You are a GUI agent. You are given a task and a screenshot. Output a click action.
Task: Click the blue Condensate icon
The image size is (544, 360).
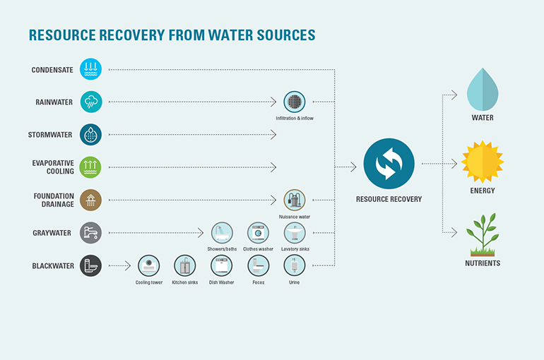click(x=90, y=69)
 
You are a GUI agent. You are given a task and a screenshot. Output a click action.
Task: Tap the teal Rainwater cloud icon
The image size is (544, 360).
click(x=91, y=102)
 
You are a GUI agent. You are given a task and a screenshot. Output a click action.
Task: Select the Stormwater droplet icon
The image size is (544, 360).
click(x=90, y=134)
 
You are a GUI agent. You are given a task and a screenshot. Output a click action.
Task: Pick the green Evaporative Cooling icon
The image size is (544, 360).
click(x=90, y=167)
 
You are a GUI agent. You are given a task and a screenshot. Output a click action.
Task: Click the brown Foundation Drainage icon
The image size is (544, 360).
click(x=90, y=200)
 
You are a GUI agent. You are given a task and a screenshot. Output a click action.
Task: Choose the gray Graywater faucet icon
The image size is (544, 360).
click(x=90, y=233)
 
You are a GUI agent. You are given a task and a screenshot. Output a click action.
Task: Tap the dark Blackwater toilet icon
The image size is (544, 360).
click(x=90, y=265)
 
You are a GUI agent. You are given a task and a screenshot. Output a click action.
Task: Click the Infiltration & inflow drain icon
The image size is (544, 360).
click(x=295, y=102)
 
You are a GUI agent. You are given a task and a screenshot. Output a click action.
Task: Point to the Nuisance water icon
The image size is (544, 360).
click(x=295, y=200)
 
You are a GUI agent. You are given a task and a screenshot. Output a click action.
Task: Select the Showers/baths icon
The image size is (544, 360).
click(x=222, y=233)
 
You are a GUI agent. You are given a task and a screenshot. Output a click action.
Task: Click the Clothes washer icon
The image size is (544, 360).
click(x=258, y=233)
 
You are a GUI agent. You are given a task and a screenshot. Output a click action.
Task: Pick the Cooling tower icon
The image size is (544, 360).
click(x=149, y=265)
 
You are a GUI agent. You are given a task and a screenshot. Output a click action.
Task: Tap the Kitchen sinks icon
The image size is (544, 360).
click(x=185, y=265)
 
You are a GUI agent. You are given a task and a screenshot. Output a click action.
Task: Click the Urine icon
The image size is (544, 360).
click(x=295, y=265)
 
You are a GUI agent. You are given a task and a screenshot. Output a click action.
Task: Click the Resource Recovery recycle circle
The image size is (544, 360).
click(x=389, y=164)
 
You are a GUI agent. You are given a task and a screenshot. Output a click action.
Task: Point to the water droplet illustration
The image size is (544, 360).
click(x=483, y=90)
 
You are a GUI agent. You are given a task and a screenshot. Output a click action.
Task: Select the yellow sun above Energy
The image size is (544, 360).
click(x=483, y=162)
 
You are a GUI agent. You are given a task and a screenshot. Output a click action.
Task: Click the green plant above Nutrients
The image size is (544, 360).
click(x=483, y=234)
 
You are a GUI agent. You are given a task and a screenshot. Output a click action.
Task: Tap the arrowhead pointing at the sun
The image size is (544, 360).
click(x=454, y=164)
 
